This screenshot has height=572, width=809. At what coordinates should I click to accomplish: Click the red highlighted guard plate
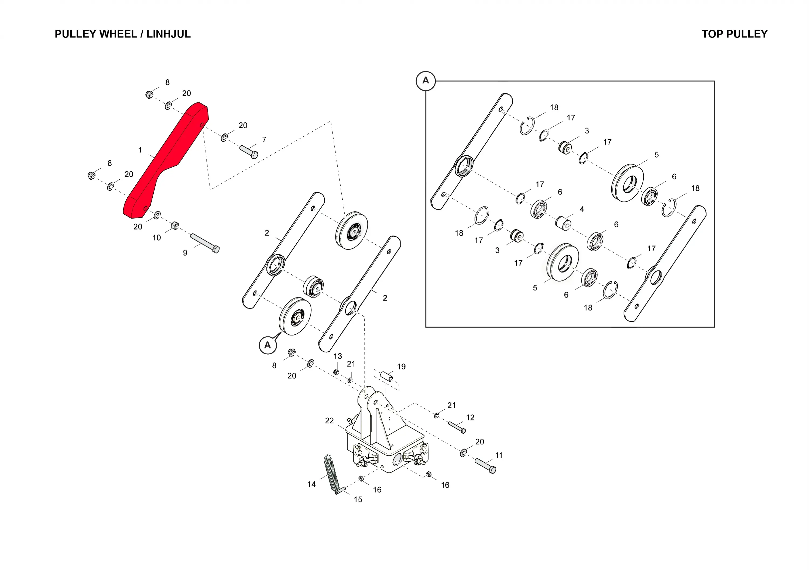[x=166, y=159]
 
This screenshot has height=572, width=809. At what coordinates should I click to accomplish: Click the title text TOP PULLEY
[x=734, y=34]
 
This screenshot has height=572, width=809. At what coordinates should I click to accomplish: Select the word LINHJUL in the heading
[x=169, y=34]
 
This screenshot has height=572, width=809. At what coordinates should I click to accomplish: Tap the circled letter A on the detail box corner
[x=426, y=81]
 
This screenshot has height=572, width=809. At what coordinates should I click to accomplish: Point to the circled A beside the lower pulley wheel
[x=268, y=345]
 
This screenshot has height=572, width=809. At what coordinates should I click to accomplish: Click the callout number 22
[x=329, y=420]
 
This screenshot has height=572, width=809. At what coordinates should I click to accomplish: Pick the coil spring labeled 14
[x=331, y=472]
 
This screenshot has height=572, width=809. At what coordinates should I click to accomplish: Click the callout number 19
[x=401, y=367]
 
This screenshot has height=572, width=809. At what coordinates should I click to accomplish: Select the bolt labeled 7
[x=249, y=152]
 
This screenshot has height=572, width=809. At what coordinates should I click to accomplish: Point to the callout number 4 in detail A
[x=582, y=209]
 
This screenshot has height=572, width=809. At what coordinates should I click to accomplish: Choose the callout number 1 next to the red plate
[x=140, y=150]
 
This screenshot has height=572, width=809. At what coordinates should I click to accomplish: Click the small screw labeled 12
[x=457, y=427]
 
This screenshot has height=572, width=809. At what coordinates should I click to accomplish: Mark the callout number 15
[x=358, y=499]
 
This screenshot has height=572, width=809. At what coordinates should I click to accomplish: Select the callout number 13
[x=338, y=356]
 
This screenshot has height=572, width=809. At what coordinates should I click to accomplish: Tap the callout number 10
[x=156, y=238]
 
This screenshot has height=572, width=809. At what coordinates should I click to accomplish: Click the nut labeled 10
[x=174, y=225]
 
